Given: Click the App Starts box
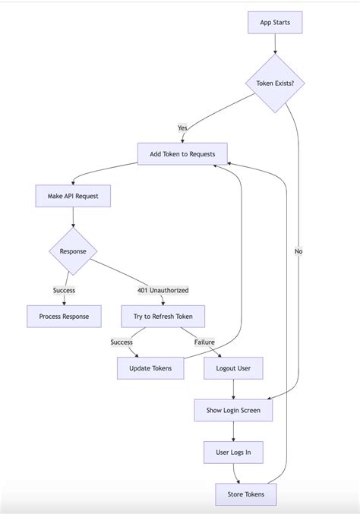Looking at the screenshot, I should point(275,23).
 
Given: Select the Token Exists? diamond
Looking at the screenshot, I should point(275,84).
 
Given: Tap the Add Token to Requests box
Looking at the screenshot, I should point(182,154).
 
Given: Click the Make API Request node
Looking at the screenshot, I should point(73,197).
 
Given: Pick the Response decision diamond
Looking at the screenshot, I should point(73,251).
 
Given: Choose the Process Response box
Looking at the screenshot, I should point(65,316).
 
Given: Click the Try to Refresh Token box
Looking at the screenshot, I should point(163,316).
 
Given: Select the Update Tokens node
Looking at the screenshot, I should point(150,368).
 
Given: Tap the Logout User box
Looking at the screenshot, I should point(233,368).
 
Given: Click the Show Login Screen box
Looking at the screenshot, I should point(233,410).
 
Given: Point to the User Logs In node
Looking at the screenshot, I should point(233,453).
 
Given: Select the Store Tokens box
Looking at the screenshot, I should point(246,494).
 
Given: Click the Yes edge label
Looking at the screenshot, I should point(182,128).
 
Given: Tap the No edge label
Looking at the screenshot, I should point(298,251).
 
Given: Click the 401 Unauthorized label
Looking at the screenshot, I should point(163,290).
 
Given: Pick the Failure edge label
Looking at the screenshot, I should point(204,342).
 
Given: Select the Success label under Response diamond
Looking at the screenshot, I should point(65,290).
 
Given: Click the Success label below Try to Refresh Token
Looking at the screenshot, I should point(122,342).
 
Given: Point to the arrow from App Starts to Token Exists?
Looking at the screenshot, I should point(275,44).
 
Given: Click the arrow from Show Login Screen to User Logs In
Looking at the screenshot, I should point(233,430).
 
